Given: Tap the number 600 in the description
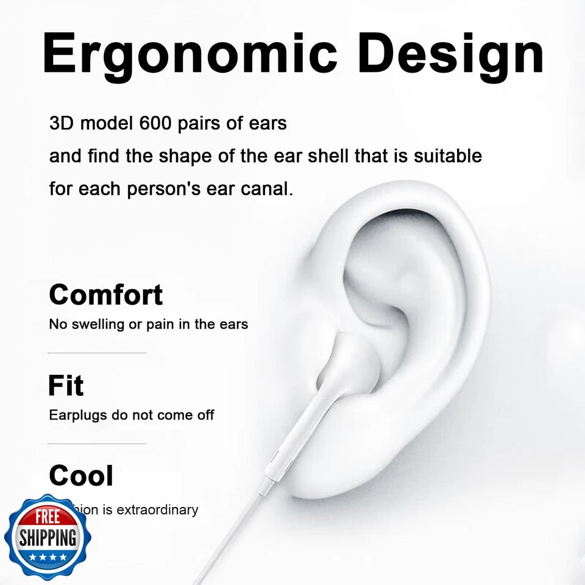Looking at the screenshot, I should [x=157, y=123].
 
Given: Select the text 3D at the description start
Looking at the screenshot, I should [x=62, y=123].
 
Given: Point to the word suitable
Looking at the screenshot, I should [x=448, y=156].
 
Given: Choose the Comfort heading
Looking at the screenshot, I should [x=105, y=295].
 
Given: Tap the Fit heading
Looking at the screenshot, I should [x=65, y=386].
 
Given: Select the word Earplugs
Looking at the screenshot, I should [x=76, y=416].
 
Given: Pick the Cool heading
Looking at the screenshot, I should [x=80, y=476].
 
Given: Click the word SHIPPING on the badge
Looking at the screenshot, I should [x=48, y=537].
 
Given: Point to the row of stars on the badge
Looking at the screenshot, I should [x=48, y=557].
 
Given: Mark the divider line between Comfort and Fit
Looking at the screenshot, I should [x=97, y=353].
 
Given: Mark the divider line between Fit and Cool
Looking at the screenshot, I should [x=97, y=444].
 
